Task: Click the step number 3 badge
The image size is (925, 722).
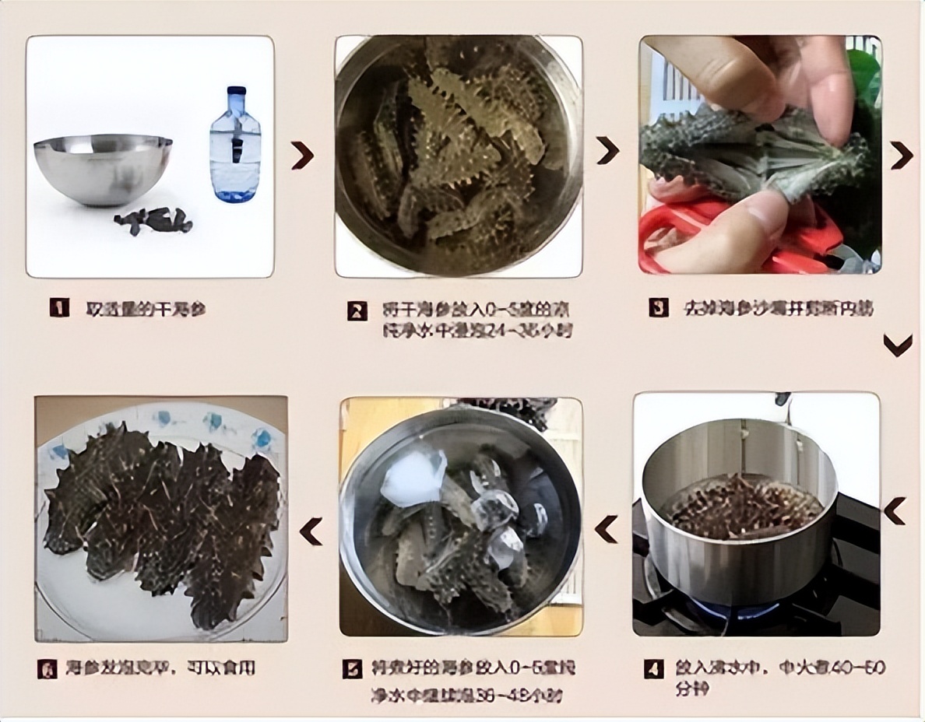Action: [659, 308]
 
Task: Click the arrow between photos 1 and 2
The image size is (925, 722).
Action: [302, 155]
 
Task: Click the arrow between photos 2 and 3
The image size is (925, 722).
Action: [607, 150]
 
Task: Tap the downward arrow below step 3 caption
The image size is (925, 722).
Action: [898, 345]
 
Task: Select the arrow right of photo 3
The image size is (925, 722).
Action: [902, 155]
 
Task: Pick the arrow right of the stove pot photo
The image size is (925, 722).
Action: [895, 511]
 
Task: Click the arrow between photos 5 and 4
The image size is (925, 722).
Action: [607, 529]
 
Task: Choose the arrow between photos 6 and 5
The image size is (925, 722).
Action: [311, 531]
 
